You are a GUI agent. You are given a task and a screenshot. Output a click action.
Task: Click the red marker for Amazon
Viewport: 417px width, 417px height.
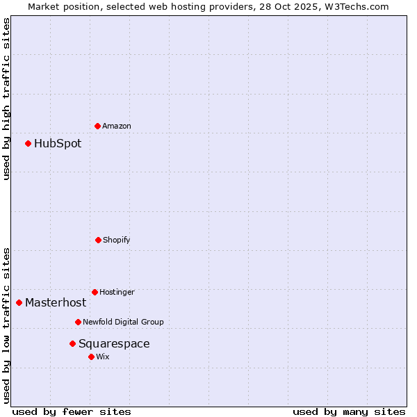pos(98,126)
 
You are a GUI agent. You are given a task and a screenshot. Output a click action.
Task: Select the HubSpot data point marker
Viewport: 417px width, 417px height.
pos(28,144)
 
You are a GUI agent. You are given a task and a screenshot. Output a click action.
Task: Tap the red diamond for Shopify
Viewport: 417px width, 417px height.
pos(98,240)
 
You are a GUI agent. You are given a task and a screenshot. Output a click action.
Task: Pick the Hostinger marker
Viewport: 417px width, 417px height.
pos(95,292)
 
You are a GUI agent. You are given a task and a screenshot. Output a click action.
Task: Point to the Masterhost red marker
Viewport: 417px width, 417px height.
pos(19,302)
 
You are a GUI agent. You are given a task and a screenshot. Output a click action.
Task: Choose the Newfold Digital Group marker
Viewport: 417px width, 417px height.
pos(79,322)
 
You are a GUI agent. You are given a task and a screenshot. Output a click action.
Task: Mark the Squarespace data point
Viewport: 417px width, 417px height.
pos(72,343)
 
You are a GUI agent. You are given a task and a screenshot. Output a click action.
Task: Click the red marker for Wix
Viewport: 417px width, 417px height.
pos(91,357)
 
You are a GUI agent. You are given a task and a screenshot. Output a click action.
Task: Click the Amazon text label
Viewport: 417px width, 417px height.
pos(117,126)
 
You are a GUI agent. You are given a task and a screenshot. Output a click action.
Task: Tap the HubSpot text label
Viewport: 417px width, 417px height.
pos(58,144)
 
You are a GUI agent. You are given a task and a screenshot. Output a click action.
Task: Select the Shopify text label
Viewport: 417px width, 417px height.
pos(117,240)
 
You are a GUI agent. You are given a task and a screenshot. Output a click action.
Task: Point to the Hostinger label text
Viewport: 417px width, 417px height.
pos(117,292)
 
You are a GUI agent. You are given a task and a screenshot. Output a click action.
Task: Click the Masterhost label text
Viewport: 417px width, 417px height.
pos(56,302)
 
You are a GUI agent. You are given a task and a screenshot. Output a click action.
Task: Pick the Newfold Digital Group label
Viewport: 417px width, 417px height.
pos(123,322)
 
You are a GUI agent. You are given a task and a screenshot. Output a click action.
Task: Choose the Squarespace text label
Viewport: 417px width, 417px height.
pos(114,343)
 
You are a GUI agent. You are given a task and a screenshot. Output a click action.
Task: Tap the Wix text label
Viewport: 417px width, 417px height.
pos(103,357)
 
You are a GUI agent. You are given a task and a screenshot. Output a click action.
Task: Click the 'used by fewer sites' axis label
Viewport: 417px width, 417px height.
pos(72,411)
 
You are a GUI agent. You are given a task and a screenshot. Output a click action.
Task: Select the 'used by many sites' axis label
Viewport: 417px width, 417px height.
pos(349,411)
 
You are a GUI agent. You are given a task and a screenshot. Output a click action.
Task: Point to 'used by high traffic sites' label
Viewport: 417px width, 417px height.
pos(6,99)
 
